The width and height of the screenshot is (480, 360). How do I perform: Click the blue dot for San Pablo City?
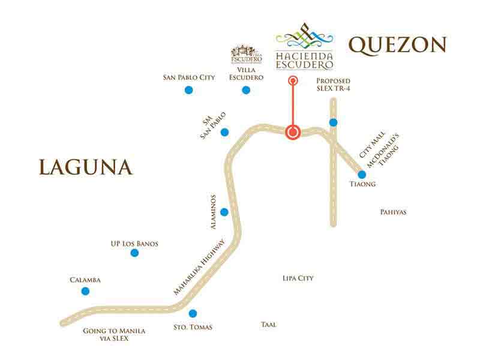(x=188, y=90)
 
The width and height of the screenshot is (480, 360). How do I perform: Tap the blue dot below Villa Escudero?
(x=246, y=90)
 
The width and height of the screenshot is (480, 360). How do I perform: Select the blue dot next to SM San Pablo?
(x=224, y=132)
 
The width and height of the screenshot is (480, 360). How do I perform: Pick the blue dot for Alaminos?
(x=224, y=212)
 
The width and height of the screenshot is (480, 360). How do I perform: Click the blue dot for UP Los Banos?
(x=134, y=253)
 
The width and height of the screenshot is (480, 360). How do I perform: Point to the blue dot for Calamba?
(x=85, y=291)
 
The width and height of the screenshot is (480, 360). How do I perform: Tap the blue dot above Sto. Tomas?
(x=193, y=313)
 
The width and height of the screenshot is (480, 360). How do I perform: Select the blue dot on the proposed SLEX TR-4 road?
(x=333, y=122)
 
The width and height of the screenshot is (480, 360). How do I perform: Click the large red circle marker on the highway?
(x=293, y=132)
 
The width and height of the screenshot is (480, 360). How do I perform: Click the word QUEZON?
(x=398, y=45)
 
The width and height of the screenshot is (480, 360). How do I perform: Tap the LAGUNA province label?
(x=85, y=167)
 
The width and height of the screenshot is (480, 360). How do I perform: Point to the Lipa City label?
(x=298, y=278)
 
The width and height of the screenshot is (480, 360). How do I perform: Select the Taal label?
(x=268, y=325)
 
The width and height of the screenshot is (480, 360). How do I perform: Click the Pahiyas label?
(x=394, y=212)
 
